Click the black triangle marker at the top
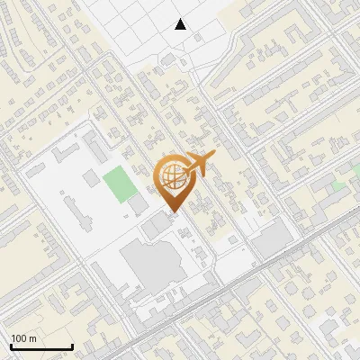click(x=181, y=24)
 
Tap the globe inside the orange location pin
click(x=171, y=176)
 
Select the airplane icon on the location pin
click(x=197, y=165)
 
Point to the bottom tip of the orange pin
click(x=171, y=211)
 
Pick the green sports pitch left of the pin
click(x=116, y=184)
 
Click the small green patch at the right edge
click(x=339, y=184)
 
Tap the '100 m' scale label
click(x=24, y=338)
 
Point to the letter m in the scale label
click(x=33, y=338)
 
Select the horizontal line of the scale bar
click(x=40, y=346)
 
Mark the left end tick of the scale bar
click(x=10, y=345)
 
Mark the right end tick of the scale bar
click(x=72, y=345)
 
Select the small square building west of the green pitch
click(x=91, y=177)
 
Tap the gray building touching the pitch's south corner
click(x=137, y=206)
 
